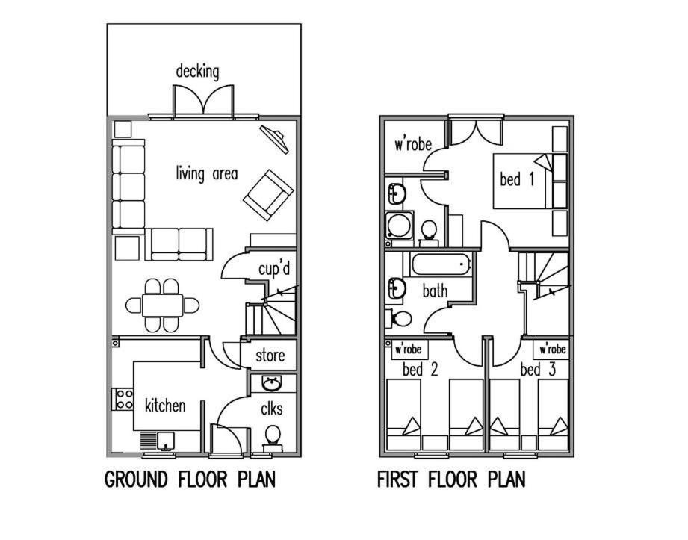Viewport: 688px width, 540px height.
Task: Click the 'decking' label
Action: point(197,72)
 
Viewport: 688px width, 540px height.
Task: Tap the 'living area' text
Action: point(207,173)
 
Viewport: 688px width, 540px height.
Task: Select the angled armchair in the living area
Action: point(268,195)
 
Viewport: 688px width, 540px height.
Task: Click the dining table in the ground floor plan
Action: point(162,305)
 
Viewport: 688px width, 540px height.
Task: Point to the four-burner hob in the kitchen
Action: point(123,399)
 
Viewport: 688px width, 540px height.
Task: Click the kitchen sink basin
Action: point(166,441)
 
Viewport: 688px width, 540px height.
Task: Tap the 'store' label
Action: point(270,356)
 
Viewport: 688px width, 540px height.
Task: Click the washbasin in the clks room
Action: point(273,383)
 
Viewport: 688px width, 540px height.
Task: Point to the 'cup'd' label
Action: point(274,269)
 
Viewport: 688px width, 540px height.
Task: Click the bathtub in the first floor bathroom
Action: point(441,264)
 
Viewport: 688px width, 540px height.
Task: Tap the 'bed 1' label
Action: point(518,179)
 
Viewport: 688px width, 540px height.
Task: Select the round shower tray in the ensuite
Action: point(400,226)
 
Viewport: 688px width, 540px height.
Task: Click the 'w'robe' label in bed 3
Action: point(552,350)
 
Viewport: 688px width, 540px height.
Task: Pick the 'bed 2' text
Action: point(420,370)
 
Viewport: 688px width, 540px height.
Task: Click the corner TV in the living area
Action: point(275,139)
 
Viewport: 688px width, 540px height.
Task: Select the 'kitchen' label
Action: point(165,406)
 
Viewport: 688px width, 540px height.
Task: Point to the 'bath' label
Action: point(435,291)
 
